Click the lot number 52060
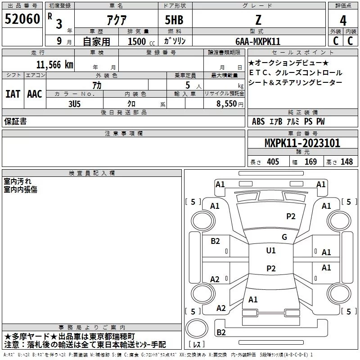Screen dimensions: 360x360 coord(22,19)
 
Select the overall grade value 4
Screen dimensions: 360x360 coord(343,20)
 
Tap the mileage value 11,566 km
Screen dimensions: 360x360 coord(54,65)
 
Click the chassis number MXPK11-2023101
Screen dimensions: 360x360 coord(302,143)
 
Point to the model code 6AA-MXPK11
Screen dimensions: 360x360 coord(258,41)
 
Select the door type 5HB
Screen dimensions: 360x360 coord(174,20)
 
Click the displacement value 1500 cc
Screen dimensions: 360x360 coord(141,41)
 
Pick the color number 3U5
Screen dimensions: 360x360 coord(74,104)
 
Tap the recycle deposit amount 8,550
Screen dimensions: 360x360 coord(227,104)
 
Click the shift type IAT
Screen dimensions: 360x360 coord(13,94)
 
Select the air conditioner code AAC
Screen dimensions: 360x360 coord(35,94)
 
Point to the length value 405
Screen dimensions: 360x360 coord(273,162)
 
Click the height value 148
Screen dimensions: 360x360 coord(346,162)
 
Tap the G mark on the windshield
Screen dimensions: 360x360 coord(284,237)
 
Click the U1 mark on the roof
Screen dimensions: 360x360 coord(271,250)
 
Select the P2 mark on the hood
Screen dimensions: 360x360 coord(291,216)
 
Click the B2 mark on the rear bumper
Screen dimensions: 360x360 coord(221,332)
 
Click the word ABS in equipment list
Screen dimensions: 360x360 coord(258,121)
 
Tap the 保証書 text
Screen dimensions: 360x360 coord(15,121)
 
